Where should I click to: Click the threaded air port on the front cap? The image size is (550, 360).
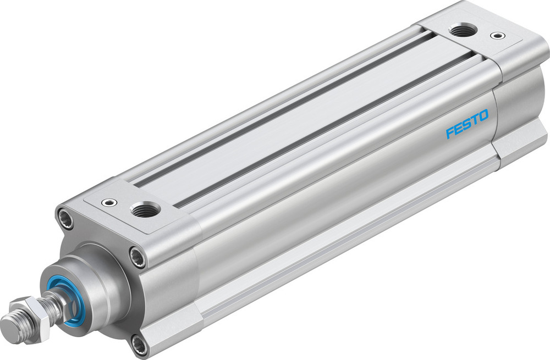coord(145,209)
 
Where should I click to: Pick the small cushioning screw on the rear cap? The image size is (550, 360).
coord(498,36)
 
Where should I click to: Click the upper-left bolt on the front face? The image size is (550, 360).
coord(66,217)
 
